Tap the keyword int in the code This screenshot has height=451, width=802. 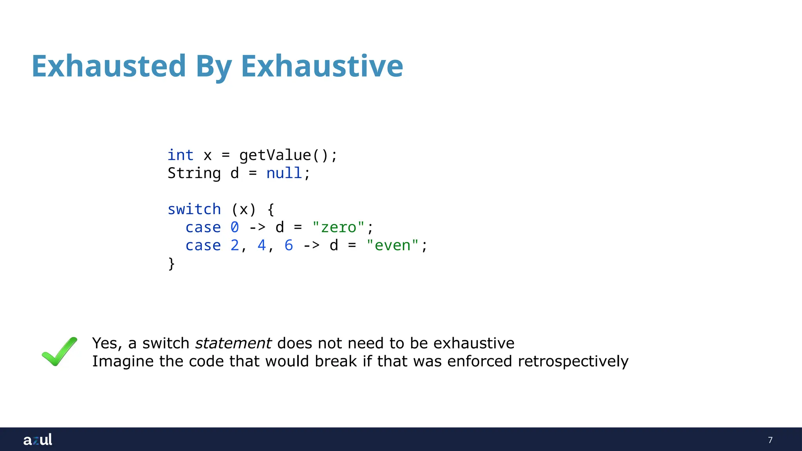pyautogui.click(x=181, y=155)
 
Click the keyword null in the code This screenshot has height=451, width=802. pyautogui.click(x=284, y=173)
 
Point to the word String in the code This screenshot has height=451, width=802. pyautogui.click(x=194, y=173)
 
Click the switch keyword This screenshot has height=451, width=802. pyautogui.click(x=194, y=209)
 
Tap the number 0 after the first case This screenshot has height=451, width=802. pyautogui.click(x=235, y=227)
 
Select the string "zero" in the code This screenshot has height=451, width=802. pyautogui.click(x=338, y=227)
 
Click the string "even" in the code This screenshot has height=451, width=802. pyautogui.click(x=392, y=245)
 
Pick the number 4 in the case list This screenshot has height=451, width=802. pyautogui.click(x=262, y=245)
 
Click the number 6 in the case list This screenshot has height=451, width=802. pyautogui.click(x=289, y=245)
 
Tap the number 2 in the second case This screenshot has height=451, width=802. pyautogui.click(x=235, y=245)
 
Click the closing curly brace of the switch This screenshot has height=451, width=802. pyautogui.click(x=171, y=263)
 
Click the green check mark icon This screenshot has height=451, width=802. pyautogui.click(x=60, y=351)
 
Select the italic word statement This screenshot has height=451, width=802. pyautogui.click(x=233, y=343)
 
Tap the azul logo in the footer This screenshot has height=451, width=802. pyautogui.click(x=38, y=440)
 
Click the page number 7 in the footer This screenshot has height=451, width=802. pyautogui.click(x=770, y=440)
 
